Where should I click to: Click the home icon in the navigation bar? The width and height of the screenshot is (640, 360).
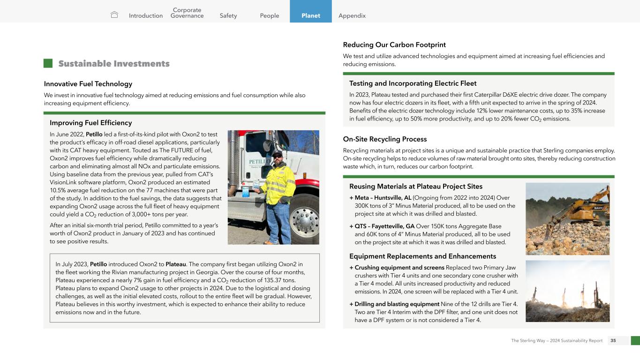114,15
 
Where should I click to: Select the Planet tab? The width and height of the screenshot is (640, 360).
310,15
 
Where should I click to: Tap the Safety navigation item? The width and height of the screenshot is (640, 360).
228,15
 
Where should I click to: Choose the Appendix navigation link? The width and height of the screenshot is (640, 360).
352,15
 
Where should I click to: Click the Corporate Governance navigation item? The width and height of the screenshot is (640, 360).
187,13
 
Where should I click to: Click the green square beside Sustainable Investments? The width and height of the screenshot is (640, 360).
48,63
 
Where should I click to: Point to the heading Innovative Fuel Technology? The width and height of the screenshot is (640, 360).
88,84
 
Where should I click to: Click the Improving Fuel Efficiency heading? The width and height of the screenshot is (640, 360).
91,123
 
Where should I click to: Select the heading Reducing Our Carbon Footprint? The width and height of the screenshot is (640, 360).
394,45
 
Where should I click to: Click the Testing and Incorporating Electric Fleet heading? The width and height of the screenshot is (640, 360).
413,83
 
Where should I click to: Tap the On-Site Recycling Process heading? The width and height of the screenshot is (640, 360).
385,139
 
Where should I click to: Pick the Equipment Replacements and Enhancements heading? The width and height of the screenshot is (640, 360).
422,256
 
